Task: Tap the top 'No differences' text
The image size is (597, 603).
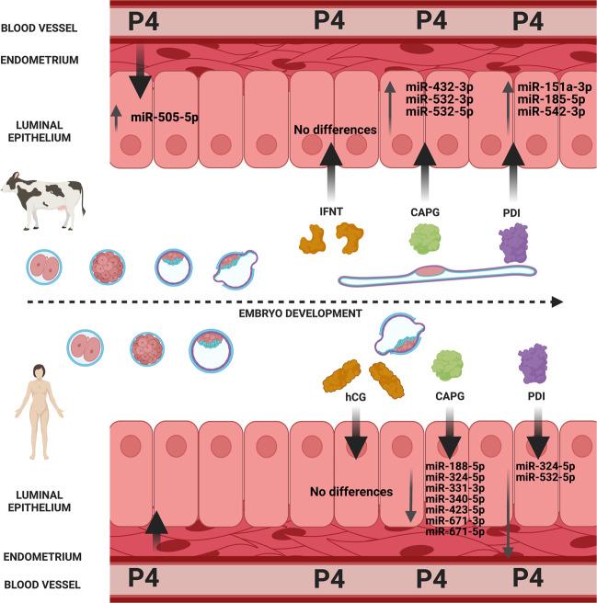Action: [x=336, y=130]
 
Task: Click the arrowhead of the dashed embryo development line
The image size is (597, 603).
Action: [x=557, y=301]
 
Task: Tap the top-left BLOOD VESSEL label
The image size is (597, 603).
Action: [x=38, y=28]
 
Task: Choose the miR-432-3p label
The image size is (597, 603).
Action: [x=440, y=86]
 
